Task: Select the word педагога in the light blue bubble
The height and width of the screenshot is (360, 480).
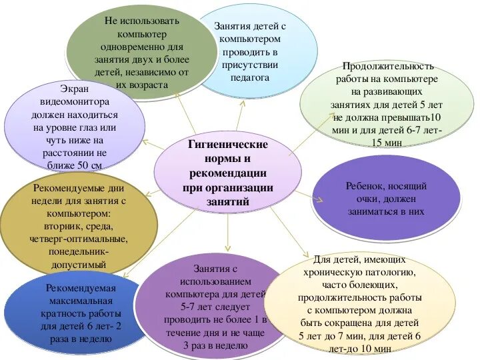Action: (x=250, y=78)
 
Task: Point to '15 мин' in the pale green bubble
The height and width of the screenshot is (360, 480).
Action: (x=387, y=143)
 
